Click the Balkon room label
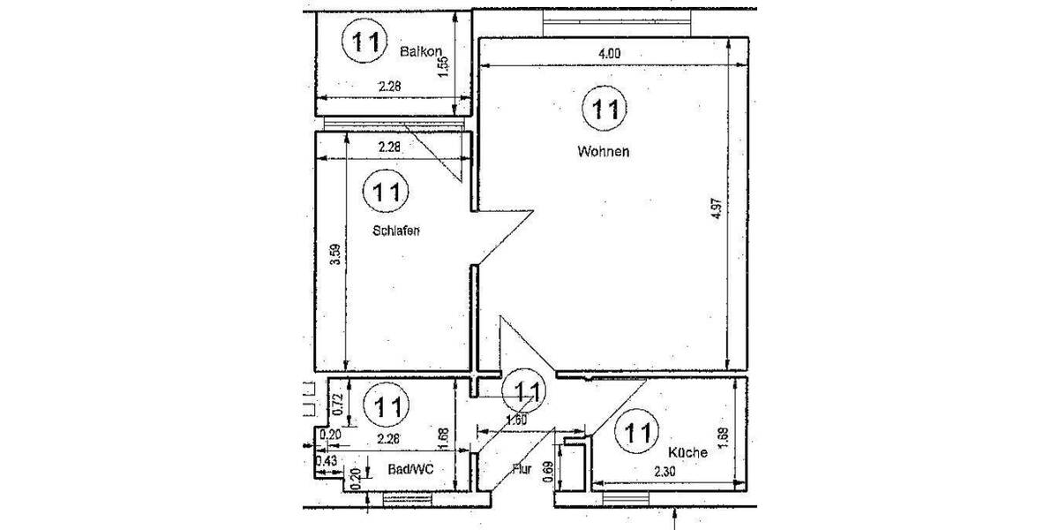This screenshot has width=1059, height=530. click(419, 52)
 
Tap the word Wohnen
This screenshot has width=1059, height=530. click(603, 151)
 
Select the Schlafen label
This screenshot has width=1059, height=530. click(394, 231)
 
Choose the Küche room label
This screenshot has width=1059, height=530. click(688, 452)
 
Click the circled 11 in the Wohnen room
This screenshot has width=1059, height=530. click(605, 110)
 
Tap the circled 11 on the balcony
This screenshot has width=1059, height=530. click(363, 41)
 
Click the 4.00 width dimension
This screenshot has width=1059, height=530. click(609, 54)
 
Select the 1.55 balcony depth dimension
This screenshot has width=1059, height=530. click(444, 68)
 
